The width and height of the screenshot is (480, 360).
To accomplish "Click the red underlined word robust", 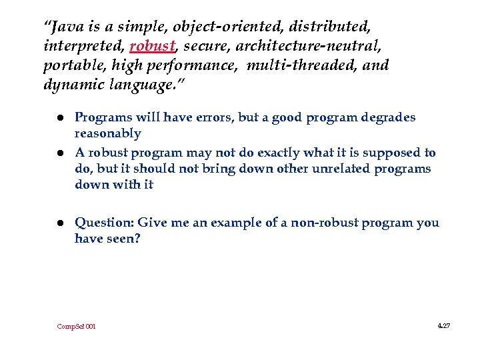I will [x=152, y=47].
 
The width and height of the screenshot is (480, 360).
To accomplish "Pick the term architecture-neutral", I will [x=302, y=47].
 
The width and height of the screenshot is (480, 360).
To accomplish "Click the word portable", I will [x=67, y=66].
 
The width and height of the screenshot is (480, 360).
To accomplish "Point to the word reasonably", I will [x=108, y=134].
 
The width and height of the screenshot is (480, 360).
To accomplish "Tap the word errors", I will [x=212, y=117].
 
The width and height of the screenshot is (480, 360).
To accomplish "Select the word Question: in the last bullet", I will [x=103, y=223].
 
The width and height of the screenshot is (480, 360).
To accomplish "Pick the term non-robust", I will [x=315, y=223].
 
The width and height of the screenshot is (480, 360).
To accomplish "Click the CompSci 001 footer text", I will [x=77, y=326].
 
